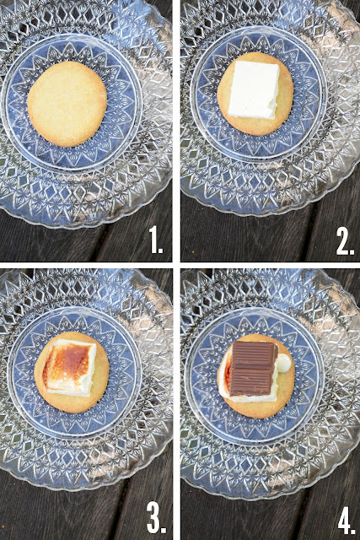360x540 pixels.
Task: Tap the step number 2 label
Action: pos(345,242)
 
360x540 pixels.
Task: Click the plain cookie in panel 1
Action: pos(67,104)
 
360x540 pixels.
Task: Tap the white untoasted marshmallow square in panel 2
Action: pos(254,89)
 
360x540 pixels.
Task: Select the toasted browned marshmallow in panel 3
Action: pos(70,367)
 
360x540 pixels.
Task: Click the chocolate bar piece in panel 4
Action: pos(253,368)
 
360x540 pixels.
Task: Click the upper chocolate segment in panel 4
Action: pos(255,354)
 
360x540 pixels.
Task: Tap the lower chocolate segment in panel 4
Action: pos(251,381)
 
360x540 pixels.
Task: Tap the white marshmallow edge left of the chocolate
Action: pos(225,375)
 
